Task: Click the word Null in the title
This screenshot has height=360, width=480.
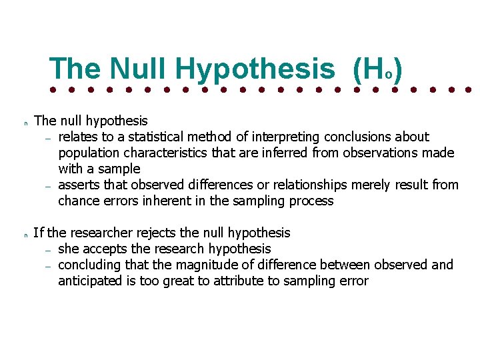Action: pyautogui.click(x=137, y=69)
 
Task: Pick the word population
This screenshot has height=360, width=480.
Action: pyautogui.click(x=89, y=153)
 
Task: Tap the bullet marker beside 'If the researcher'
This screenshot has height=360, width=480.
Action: pyautogui.click(x=25, y=235)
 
